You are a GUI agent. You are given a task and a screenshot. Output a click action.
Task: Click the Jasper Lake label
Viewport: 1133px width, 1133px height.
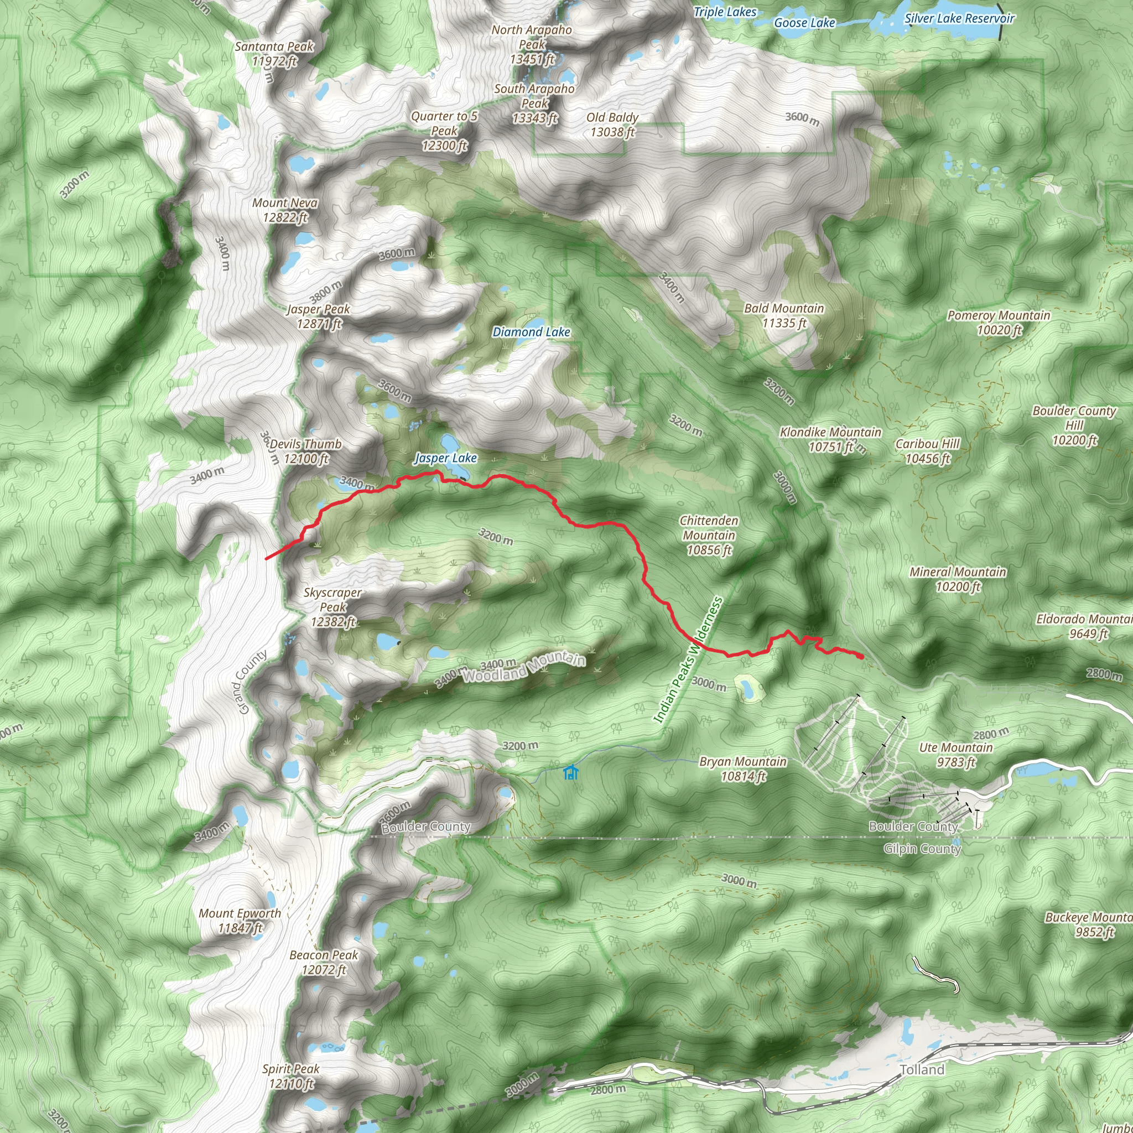pos(446,458)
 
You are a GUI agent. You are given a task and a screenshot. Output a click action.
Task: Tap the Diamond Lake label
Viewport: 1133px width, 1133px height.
pos(531,332)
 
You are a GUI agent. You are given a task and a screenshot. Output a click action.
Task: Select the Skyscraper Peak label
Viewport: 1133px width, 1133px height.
pos(332,607)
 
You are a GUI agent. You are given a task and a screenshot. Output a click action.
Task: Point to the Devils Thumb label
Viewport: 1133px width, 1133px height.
pos(305,451)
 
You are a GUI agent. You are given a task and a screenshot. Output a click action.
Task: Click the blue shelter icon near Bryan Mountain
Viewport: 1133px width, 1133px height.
pos(570,772)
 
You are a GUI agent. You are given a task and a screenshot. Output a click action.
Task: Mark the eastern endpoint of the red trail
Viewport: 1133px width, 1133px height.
pos(860,656)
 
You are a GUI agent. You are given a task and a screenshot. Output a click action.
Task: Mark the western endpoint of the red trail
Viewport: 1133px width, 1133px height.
pos(267,558)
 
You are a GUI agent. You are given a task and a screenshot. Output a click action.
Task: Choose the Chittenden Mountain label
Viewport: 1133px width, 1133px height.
pos(709,535)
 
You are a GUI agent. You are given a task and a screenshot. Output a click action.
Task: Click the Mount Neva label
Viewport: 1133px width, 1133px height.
pos(285,210)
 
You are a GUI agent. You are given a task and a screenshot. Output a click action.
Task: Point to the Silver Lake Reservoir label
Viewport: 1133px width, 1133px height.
pos(959,18)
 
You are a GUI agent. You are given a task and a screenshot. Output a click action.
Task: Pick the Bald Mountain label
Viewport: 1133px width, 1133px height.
pos(784,315)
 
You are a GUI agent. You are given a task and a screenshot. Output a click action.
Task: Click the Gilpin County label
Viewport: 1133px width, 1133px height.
pos(922,849)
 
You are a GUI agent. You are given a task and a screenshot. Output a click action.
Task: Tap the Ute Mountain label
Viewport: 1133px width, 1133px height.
pos(956,755)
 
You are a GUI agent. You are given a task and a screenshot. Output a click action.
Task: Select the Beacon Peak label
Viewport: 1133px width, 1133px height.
pos(324,963)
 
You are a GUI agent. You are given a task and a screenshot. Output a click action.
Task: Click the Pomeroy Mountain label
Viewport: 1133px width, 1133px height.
pos(999,323)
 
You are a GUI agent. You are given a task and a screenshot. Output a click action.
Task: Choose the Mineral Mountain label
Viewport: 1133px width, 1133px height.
pos(958,579)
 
